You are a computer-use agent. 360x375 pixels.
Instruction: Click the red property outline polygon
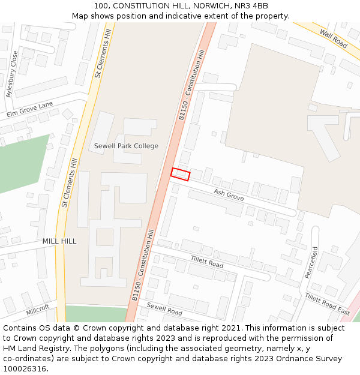pos(180,174)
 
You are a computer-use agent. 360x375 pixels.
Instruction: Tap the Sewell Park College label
pos(126,146)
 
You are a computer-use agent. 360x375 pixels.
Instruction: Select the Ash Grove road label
pos(229,196)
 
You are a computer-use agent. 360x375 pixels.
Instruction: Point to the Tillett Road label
pos(207,262)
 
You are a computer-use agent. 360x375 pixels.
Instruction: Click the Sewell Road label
pos(164,309)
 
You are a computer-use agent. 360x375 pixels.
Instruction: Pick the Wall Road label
pos(334,39)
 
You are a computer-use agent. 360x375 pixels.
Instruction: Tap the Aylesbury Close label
pos(12,74)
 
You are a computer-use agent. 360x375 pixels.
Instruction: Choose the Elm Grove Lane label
pos(30,109)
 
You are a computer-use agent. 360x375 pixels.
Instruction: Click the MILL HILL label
pos(59,241)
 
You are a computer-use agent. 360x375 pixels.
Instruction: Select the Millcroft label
pos(38,312)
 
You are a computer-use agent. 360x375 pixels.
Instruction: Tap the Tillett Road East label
pos(327,304)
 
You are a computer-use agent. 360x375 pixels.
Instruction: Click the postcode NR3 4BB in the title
pos(252,6)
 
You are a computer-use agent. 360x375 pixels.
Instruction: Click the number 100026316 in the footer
pos(24,368)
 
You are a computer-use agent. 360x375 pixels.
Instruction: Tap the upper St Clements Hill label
pos(104,53)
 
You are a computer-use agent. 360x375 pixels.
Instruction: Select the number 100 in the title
pos(101,6)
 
